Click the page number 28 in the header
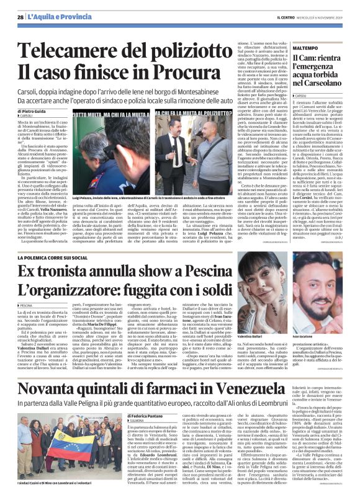[20, 7]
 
